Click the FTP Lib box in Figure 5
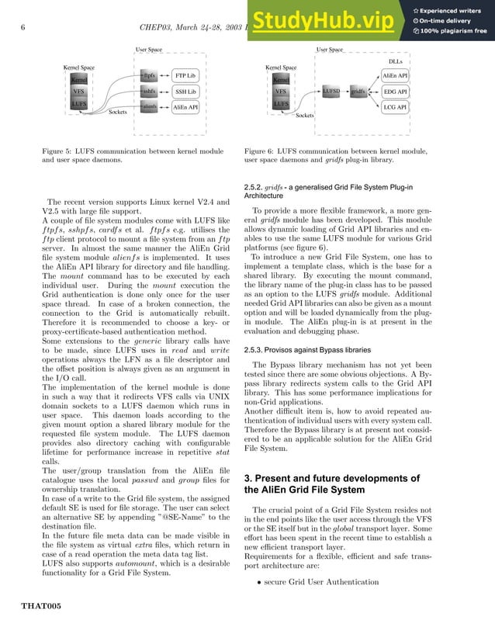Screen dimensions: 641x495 (x=185, y=75)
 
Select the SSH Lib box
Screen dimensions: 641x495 (x=185, y=91)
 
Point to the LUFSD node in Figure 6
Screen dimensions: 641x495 (x=332, y=92)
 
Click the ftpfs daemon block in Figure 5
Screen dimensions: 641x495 (x=150, y=75)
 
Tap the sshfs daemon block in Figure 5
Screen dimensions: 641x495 (x=150, y=91)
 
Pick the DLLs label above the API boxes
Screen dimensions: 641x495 (x=395, y=61)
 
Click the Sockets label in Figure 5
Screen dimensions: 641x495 (x=118, y=113)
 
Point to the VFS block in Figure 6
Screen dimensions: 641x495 (x=281, y=92)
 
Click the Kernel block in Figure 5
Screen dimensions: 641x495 (x=79, y=79)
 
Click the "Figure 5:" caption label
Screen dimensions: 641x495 (x=61, y=151)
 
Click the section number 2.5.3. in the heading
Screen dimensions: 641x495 (x=258, y=372)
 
